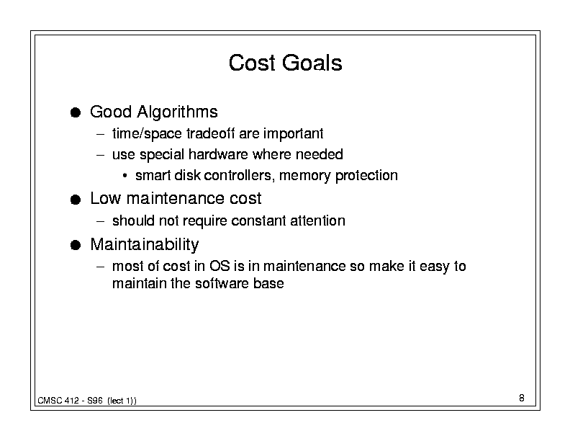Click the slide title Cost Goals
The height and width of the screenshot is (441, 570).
(286, 63)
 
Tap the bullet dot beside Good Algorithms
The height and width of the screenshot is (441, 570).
(76, 112)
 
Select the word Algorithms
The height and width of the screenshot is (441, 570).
(177, 112)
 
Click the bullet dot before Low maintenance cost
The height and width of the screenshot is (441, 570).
(76, 200)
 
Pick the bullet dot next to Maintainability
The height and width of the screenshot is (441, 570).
(76, 245)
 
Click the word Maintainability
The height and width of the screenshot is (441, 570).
(145, 244)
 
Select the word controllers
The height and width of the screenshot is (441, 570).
(237, 175)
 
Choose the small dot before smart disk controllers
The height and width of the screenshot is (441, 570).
(125, 176)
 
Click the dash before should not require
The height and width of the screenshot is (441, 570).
(101, 221)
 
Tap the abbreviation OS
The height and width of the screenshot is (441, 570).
(220, 266)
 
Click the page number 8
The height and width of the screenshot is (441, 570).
(522, 398)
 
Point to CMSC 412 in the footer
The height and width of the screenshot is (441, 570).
(58, 401)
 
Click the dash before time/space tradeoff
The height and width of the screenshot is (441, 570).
(101, 134)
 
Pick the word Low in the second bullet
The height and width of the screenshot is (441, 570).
(105, 199)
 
